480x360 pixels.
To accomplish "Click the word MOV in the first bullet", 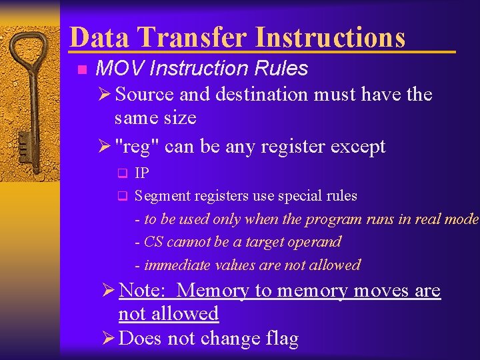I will [115, 69].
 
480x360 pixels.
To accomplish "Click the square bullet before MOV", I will [81, 69].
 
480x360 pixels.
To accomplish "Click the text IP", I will [141, 173].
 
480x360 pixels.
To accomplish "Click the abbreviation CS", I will [153, 242].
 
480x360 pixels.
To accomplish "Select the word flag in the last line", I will [280, 339].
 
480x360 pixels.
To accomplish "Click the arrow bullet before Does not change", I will [109, 339].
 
